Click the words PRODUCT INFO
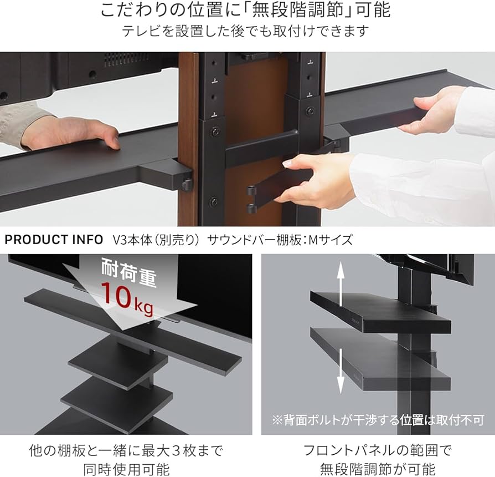coord(54,240)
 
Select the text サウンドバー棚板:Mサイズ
coord(280,240)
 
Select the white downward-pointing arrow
coord(341,371)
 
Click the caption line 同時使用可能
coord(127,469)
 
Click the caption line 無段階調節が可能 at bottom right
coord(378,469)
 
